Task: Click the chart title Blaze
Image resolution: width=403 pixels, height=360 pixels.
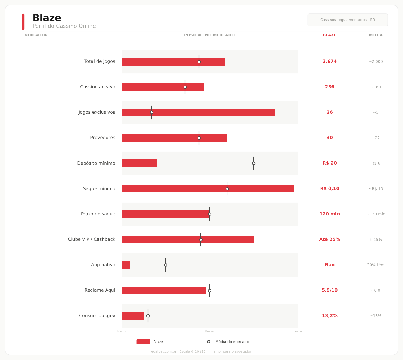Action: (47, 18)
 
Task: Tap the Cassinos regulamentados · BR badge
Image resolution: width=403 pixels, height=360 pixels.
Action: (348, 20)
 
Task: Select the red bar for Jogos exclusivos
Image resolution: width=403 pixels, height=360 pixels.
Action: (198, 113)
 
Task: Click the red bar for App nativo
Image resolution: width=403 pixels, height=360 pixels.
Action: (126, 265)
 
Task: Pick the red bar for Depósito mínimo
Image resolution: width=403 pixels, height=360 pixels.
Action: (139, 163)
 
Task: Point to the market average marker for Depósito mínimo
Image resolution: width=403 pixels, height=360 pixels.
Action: (254, 163)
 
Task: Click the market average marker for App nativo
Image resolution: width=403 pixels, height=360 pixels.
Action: (165, 265)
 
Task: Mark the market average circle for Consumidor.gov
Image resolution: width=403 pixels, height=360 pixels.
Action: (148, 316)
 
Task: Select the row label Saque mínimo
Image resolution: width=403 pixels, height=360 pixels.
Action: (99, 189)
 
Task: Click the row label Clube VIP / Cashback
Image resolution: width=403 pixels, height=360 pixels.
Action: (91, 240)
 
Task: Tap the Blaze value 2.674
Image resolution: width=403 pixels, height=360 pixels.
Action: (329, 62)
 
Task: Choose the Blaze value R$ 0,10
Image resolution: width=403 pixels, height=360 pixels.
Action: (329, 189)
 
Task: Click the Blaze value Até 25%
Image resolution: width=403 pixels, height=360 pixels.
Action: (329, 240)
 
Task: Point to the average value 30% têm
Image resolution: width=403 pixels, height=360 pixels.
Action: (375, 265)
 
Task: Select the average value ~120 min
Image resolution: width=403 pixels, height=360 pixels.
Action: (375, 214)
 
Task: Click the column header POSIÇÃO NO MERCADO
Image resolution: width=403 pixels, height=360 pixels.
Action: (209, 35)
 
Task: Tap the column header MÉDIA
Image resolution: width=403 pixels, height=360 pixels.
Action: (375, 35)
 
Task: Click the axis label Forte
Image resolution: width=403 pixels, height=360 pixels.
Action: (298, 332)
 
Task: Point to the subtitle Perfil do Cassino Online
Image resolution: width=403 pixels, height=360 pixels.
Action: (64, 26)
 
